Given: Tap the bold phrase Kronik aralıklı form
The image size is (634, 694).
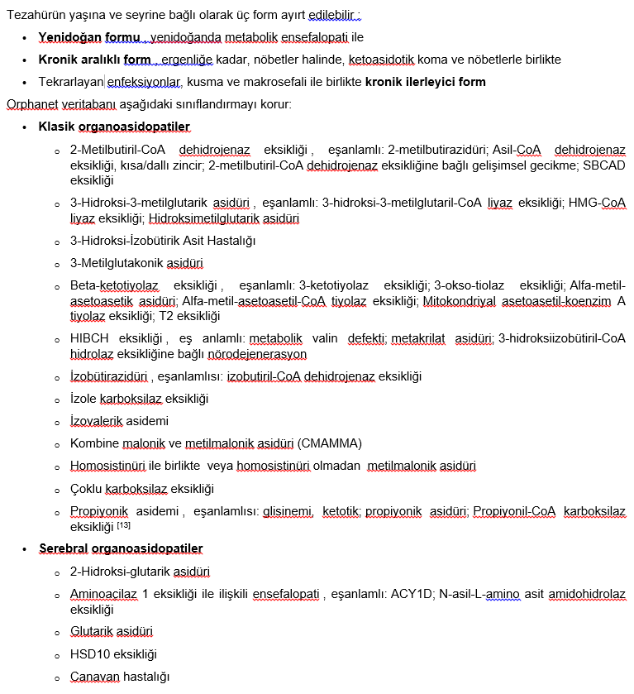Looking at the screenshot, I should [x=94, y=60].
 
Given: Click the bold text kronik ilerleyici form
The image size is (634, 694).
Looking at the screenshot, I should [x=425, y=82].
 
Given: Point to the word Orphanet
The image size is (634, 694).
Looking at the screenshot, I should [x=30, y=104].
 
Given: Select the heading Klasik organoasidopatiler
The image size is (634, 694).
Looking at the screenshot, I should [x=114, y=127].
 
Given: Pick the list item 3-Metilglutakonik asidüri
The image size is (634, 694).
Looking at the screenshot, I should [x=136, y=264].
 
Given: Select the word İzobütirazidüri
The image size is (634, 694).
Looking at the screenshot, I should [x=109, y=376].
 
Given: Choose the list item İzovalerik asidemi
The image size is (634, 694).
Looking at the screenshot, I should [x=119, y=421].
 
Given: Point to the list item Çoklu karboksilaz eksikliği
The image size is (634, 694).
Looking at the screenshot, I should [x=142, y=488].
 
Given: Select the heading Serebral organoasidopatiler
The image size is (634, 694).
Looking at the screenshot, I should [x=121, y=548].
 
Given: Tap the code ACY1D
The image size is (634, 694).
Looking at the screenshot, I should [x=406, y=594].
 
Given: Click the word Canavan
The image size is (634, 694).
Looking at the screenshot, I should [x=95, y=677].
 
